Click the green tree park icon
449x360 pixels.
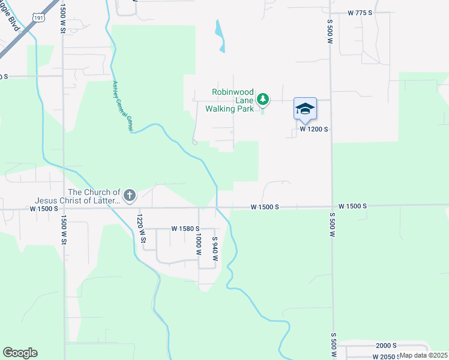[x=262, y=99]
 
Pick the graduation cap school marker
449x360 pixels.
[x=305, y=109]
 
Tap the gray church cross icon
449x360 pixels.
[x=129, y=195]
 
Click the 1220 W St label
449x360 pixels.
[x=141, y=229]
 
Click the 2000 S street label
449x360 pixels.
[x=387, y=346]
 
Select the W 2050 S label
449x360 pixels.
[x=385, y=356]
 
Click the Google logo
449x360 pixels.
[x=20, y=353]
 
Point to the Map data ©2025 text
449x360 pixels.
[x=423, y=355]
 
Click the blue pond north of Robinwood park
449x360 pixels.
[x=220, y=35]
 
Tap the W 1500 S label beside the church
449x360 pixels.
[x=44, y=209]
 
